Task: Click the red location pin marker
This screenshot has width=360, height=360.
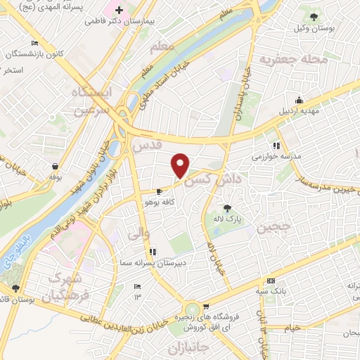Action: [181, 165]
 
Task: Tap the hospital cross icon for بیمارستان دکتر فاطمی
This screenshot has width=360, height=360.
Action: [120, 11]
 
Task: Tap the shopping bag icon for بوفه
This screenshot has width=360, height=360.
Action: [54, 166]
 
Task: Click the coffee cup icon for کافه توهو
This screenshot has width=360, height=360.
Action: [160, 191]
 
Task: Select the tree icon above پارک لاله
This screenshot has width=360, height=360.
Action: [227, 207]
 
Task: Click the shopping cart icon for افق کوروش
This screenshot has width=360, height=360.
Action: [206, 307]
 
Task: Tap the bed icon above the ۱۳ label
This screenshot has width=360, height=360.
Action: [137, 285]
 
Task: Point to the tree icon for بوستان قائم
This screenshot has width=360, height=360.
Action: [15, 288]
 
